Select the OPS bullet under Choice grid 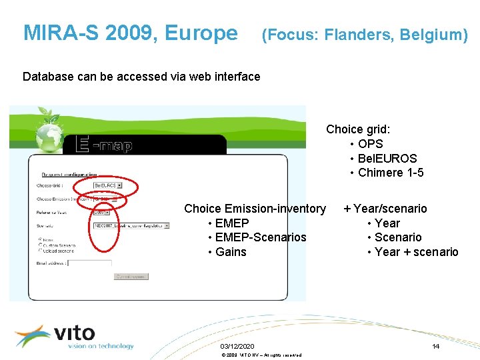click(x=370, y=144)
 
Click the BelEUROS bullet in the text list click(x=387, y=159)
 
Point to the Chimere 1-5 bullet click(x=391, y=173)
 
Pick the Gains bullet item click(x=231, y=252)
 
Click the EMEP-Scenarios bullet click(x=261, y=237)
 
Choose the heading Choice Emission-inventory click(x=255, y=209)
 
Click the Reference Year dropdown click(x=101, y=212)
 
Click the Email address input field click(x=89, y=263)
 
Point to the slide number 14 click(x=435, y=347)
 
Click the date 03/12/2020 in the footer click(x=237, y=347)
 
